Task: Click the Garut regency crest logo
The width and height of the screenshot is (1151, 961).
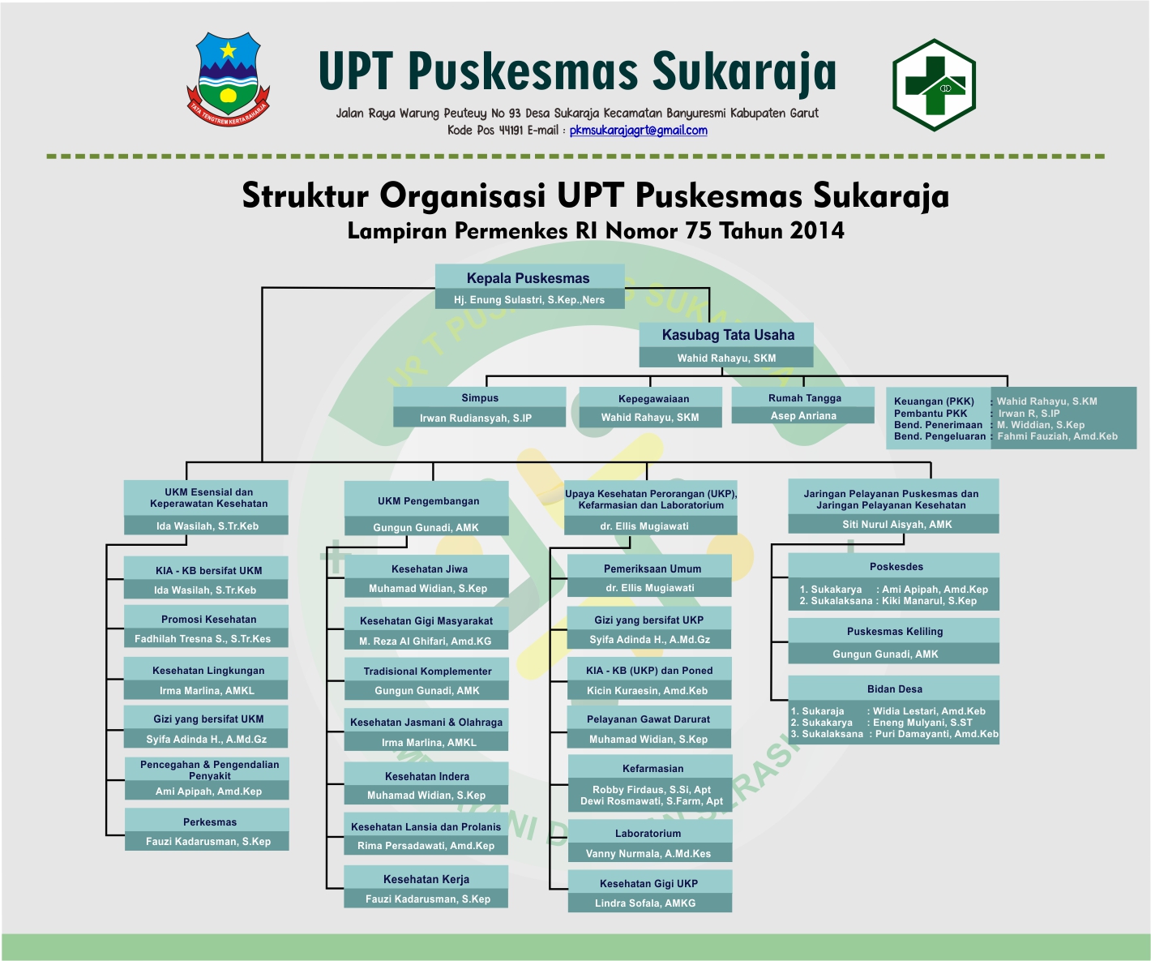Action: click(x=229, y=79)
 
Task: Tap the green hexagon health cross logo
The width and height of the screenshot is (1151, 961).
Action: click(x=934, y=85)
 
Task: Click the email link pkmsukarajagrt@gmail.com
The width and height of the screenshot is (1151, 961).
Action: click(x=638, y=131)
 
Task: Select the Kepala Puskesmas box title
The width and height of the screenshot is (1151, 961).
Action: click(x=528, y=278)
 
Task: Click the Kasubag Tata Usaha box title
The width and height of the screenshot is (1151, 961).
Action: click(x=728, y=335)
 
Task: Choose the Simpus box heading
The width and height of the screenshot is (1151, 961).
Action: click(x=480, y=398)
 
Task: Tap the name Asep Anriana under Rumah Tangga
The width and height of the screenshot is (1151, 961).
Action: click(x=803, y=416)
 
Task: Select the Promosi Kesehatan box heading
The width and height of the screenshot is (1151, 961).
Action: click(x=208, y=620)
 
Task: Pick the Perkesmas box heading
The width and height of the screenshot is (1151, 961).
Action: click(x=210, y=822)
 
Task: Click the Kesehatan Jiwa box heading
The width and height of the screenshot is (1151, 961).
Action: click(x=429, y=569)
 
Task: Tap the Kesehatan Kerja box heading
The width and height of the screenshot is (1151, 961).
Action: click(x=426, y=879)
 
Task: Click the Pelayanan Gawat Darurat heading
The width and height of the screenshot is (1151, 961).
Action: click(x=648, y=719)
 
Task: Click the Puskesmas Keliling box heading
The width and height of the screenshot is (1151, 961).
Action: click(x=895, y=632)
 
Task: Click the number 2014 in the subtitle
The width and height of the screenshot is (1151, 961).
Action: click(x=817, y=231)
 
